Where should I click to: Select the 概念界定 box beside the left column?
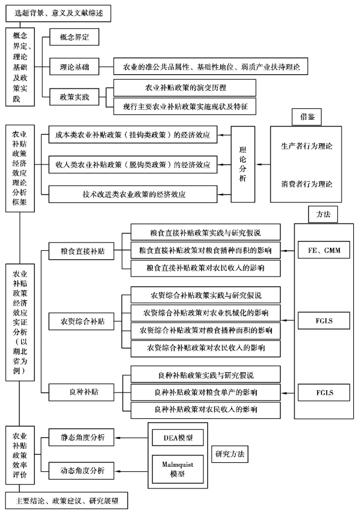(74, 38)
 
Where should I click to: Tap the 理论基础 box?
(74, 67)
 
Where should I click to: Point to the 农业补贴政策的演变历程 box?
(185, 88)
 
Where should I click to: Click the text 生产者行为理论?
(307, 146)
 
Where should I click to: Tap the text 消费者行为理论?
(307, 183)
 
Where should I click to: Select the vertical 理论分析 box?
(243, 164)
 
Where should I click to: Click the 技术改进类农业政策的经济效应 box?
(132, 195)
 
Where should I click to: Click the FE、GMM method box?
(324, 250)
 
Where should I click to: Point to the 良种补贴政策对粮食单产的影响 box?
(206, 393)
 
